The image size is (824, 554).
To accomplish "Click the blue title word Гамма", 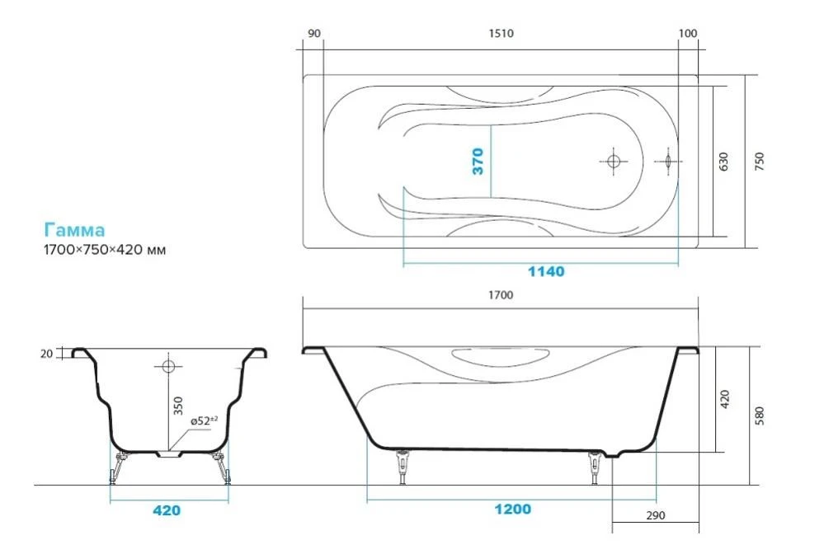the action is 74,230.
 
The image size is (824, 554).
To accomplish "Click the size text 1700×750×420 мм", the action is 105,250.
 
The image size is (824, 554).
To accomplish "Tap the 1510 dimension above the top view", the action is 501,34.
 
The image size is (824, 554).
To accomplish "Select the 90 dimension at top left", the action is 313,34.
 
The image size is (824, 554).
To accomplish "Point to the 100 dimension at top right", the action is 687,34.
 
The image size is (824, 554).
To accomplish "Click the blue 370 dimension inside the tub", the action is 478,162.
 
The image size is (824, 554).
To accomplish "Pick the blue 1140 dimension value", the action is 546,271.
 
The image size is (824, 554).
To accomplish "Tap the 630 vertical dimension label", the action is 723,162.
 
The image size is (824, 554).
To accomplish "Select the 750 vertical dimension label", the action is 759,161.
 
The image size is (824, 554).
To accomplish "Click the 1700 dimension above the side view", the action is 501,295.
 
